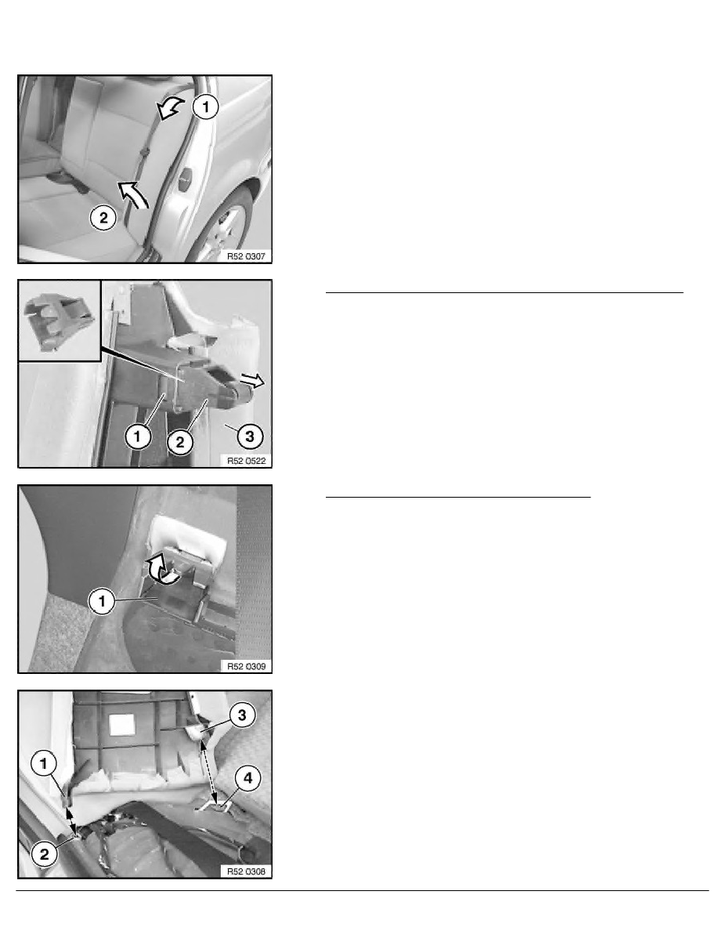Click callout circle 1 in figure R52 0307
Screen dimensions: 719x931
(x=206, y=107)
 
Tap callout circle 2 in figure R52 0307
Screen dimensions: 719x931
(x=103, y=218)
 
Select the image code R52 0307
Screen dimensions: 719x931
(x=246, y=256)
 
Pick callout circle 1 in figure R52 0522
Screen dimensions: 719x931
(x=138, y=437)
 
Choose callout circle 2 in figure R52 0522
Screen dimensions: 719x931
(x=180, y=442)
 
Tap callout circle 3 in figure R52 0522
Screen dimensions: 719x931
(x=250, y=437)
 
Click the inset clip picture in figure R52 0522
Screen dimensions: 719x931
(x=60, y=321)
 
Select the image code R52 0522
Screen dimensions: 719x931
(x=246, y=461)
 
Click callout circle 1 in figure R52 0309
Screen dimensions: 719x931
(x=102, y=602)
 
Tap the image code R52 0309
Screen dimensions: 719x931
(x=246, y=666)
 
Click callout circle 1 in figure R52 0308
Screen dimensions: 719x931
(x=44, y=763)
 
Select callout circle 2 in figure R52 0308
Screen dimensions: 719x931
(x=45, y=855)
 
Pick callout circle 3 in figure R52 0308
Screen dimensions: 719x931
(x=242, y=715)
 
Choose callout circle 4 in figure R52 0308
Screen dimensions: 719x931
(x=248, y=778)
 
